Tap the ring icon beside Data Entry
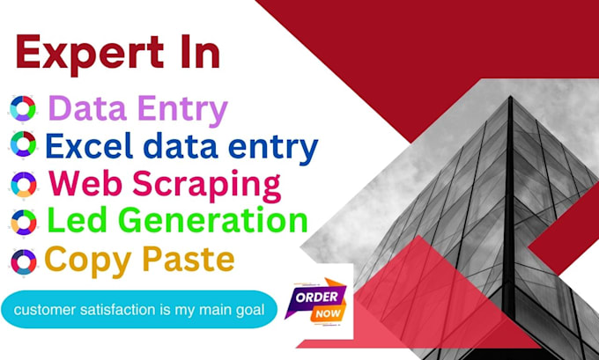pos(23,108)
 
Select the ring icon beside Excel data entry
pos(23,145)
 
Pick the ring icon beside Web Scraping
pos(23,183)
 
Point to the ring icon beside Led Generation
pos(23,222)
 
